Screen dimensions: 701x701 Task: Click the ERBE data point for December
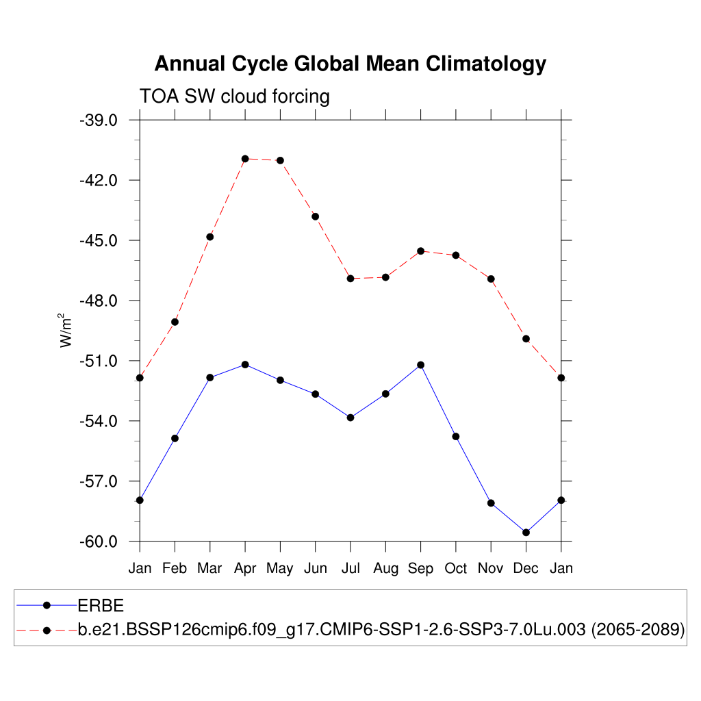526,533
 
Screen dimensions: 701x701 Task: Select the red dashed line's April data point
245,159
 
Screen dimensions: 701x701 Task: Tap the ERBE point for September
420,365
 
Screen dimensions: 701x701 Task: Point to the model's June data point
316,216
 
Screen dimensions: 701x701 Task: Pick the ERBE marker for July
350,418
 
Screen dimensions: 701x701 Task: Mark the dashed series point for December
526,339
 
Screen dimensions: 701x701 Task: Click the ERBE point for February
175,438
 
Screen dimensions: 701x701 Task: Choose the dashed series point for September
420,251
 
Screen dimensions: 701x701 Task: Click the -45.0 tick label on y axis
99,241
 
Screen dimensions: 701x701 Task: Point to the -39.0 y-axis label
99,120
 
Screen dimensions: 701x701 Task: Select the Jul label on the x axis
350,568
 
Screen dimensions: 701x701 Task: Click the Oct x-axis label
456,568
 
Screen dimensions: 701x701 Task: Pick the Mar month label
210,568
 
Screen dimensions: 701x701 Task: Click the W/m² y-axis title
66,331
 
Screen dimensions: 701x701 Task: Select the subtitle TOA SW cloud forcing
234,97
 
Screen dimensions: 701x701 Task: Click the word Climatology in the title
486,64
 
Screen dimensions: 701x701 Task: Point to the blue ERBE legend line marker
47,605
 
